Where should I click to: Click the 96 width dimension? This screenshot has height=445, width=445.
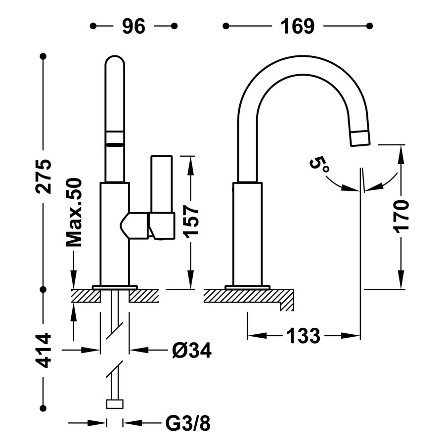tap(133, 26)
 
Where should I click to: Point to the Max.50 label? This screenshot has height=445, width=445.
tap(74, 213)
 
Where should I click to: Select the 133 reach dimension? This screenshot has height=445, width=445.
tap(303, 336)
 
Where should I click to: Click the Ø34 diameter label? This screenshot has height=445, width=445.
tap(192, 351)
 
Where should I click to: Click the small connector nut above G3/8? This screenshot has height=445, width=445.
tap(114, 404)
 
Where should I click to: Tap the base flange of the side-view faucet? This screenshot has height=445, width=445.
tap(247, 287)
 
